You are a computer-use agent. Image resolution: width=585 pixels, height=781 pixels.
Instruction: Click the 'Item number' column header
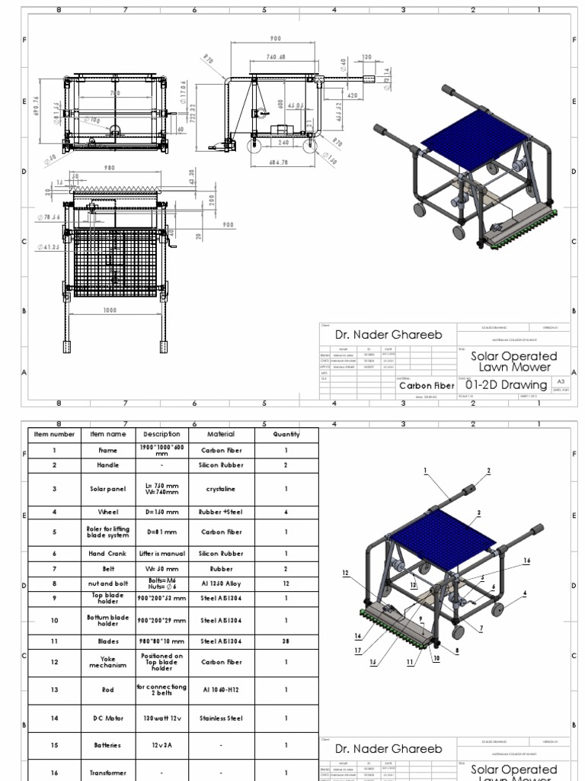[x=54, y=434]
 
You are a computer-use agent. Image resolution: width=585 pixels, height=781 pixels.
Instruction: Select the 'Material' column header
[x=221, y=434]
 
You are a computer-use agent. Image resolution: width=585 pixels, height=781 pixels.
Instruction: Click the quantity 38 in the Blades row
[x=286, y=641]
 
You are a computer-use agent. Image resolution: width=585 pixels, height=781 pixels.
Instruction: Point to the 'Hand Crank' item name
[x=107, y=553]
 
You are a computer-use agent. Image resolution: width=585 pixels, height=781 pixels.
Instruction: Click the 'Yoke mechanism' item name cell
[x=107, y=660]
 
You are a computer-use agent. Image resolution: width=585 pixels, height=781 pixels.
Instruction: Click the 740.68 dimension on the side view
[x=276, y=57]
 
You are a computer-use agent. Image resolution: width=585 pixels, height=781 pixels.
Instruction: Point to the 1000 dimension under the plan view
[x=112, y=310]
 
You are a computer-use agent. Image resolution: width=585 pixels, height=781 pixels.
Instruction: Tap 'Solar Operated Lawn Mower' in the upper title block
[x=513, y=362]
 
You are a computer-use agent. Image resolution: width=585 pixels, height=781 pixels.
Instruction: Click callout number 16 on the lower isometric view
[x=527, y=561]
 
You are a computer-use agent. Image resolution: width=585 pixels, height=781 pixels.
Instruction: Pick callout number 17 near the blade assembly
[x=358, y=650]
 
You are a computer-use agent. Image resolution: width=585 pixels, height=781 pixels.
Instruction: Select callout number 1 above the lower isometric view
[x=425, y=471]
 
